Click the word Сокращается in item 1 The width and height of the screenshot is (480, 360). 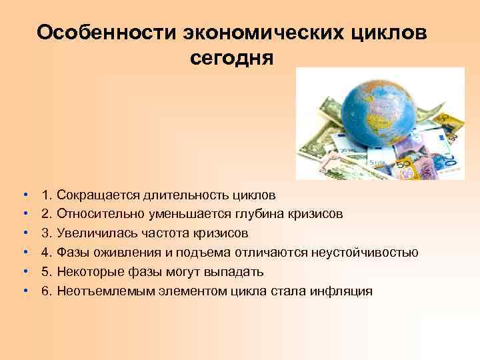(x=99, y=195)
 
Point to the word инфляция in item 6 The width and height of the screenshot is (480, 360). (x=341, y=291)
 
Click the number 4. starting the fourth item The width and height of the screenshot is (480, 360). (x=47, y=253)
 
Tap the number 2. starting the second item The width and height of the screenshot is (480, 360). (x=47, y=215)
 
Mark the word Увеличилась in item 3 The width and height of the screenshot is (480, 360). (x=94, y=234)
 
